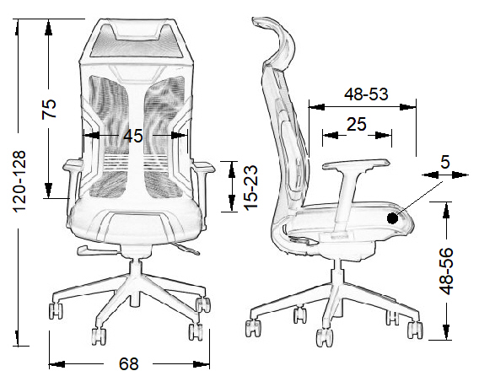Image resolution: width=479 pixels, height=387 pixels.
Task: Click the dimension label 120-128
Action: (x=20, y=181)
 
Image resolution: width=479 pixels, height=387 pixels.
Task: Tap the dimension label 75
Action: (x=49, y=109)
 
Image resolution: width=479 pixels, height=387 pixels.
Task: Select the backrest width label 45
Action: (x=133, y=136)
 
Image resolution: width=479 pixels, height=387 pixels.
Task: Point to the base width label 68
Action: (x=129, y=363)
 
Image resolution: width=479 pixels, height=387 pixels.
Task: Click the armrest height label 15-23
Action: (x=251, y=187)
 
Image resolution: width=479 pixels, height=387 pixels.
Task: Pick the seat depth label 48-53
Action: (x=366, y=94)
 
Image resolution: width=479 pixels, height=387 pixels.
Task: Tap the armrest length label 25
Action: (x=356, y=124)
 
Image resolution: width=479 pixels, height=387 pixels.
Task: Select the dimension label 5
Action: (x=445, y=162)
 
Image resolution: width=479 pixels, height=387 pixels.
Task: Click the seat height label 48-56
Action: (x=446, y=271)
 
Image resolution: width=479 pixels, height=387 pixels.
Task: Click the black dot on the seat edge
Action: (x=392, y=218)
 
